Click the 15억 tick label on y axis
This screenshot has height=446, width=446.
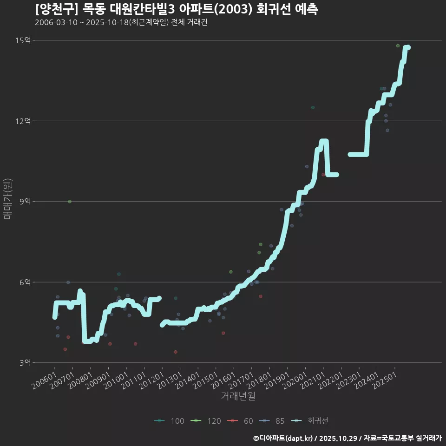click(23, 40)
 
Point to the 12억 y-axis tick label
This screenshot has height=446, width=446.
click(23, 121)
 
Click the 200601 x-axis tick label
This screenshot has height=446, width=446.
click(45, 380)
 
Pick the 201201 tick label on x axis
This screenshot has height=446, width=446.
click(152, 380)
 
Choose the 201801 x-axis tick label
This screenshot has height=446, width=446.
click(260, 380)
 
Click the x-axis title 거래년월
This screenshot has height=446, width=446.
click(238, 396)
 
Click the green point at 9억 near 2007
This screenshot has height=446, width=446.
click(70, 201)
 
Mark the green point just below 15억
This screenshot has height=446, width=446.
click(398, 46)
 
